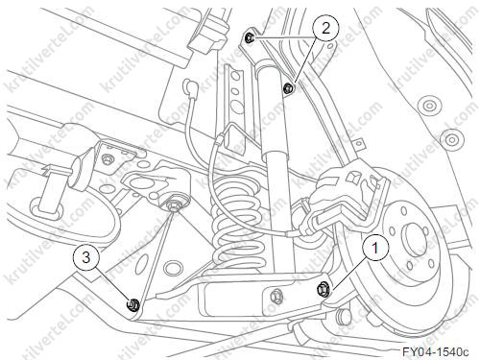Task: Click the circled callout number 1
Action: pos(375,248)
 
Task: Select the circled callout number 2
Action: pos(325,29)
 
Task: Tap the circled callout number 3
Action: pos(86,257)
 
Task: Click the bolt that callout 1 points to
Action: pos(321,289)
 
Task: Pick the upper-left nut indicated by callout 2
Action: pos(250,38)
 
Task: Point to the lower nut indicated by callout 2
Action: pos(288,87)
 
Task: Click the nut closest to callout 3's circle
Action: pos(132,304)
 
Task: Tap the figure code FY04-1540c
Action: pos(435,351)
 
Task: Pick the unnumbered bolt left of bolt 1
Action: pos(276,297)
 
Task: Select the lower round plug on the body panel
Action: pos(451,139)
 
